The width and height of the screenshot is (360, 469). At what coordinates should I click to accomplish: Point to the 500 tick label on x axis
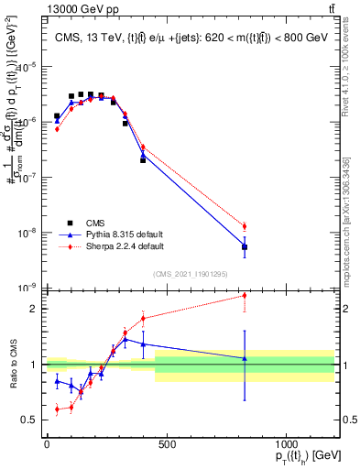pos(167,443)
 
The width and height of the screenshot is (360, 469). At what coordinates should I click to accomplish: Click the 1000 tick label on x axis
pos(286,443)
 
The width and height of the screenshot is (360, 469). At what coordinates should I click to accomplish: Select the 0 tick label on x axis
pos(47,443)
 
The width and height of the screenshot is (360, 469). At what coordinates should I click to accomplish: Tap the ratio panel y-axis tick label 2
pos(32,309)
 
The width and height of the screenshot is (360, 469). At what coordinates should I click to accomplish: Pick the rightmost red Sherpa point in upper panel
pos(245,226)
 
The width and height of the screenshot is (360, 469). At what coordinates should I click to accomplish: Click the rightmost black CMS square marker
pos(245,247)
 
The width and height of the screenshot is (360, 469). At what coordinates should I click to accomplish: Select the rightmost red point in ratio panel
pos(245,295)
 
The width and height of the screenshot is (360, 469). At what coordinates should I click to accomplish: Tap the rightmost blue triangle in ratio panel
pos(245,358)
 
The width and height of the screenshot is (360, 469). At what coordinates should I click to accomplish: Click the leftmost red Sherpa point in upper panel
pos(57,129)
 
